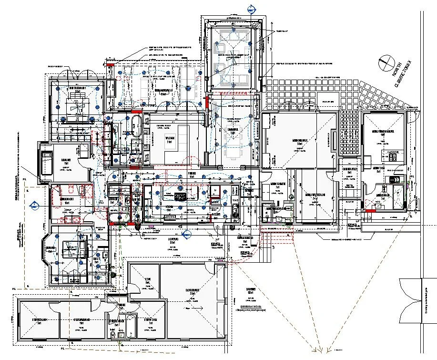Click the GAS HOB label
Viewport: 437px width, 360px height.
tap(394, 152)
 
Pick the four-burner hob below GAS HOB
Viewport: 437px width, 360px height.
tap(394, 158)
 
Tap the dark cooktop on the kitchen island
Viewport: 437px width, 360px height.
tap(181, 196)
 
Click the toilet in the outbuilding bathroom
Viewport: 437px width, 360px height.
tap(113, 330)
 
